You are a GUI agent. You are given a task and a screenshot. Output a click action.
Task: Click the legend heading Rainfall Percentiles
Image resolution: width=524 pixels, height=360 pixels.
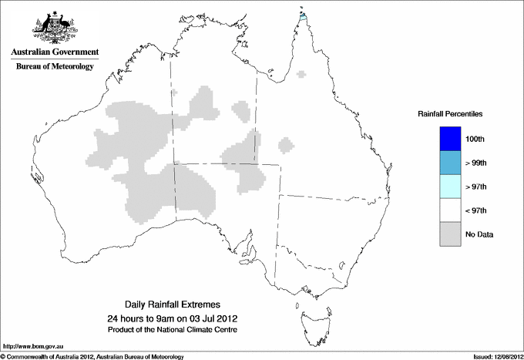(x=450, y=113)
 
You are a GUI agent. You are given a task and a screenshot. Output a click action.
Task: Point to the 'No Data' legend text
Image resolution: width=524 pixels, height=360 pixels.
(x=479, y=234)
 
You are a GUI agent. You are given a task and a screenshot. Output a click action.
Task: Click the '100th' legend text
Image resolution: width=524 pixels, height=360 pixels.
(x=476, y=139)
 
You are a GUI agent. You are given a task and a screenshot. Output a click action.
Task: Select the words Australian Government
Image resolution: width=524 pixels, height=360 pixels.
(x=55, y=52)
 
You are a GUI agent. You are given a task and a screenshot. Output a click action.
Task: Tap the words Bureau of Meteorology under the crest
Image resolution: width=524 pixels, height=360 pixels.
(x=55, y=67)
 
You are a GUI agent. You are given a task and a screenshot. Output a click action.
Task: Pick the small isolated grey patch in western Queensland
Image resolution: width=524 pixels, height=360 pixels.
(x=287, y=144)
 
